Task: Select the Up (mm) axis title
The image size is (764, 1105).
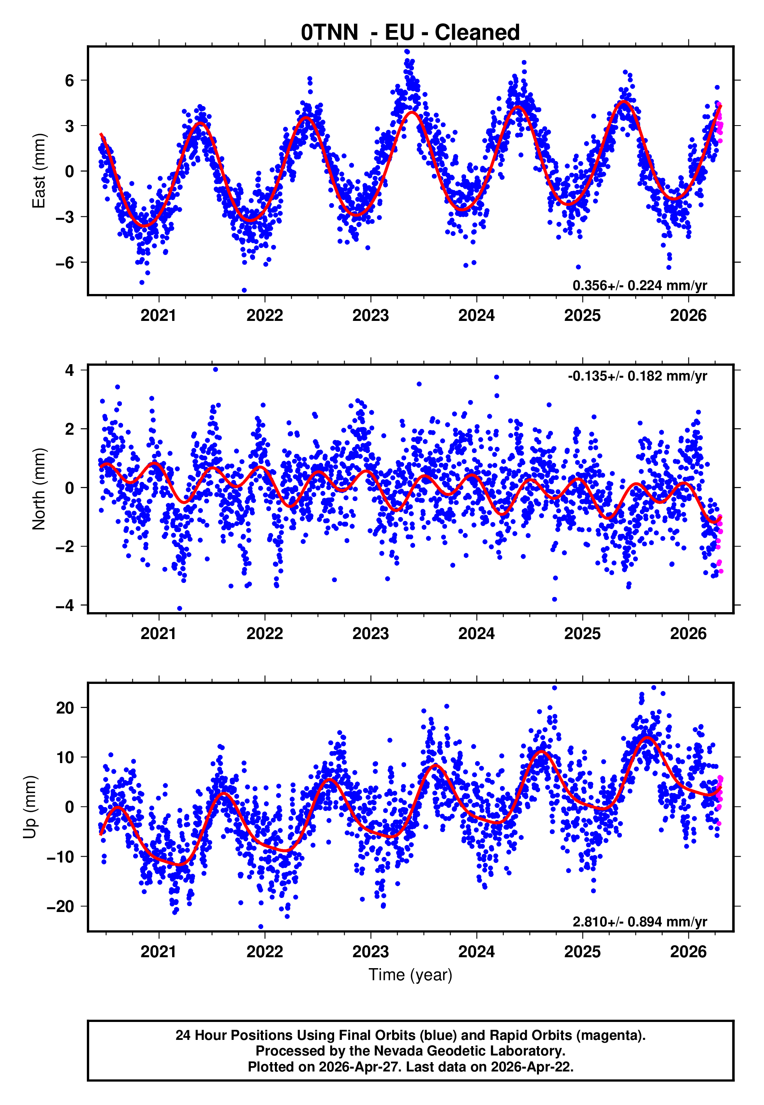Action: pyautogui.click(x=30, y=807)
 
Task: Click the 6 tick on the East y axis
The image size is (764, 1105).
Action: pyautogui.click(x=70, y=80)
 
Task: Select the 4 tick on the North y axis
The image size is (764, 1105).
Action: pyautogui.click(x=70, y=370)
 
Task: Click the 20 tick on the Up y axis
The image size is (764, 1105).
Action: pyautogui.click(x=65, y=708)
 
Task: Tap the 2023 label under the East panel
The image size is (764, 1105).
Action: pyautogui.click(x=370, y=316)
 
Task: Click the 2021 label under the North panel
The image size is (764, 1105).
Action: pyautogui.click(x=158, y=634)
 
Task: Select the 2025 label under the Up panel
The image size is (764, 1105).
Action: pyautogui.click(x=582, y=952)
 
